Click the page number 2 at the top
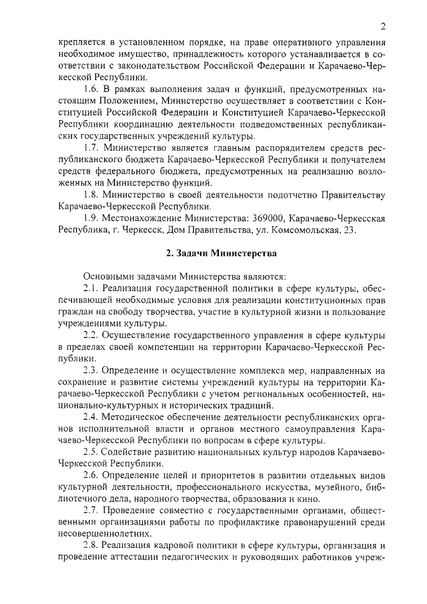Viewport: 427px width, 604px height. [x=384, y=27]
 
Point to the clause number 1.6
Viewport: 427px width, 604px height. [x=91, y=89]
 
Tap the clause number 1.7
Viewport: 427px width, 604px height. [x=91, y=147]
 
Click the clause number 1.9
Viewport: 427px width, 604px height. [x=91, y=218]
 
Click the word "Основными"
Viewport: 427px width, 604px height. [x=109, y=276]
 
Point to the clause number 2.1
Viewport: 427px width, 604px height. [x=91, y=288]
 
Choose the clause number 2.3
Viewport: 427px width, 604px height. [x=91, y=370]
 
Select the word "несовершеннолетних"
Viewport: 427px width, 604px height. [x=102, y=535]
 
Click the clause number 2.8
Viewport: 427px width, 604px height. [x=91, y=547]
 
